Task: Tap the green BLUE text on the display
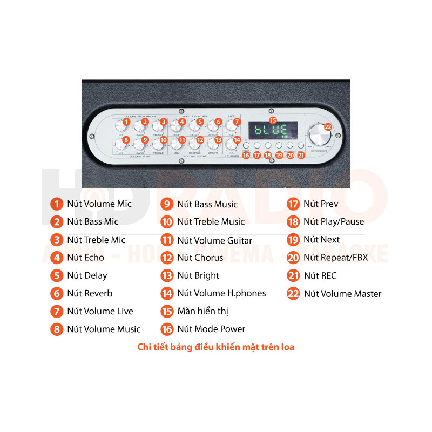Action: pyautogui.click(x=271, y=131)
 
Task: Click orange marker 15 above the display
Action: pyautogui.click(x=273, y=120)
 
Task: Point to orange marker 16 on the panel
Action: pyautogui.click(x=246, y=156)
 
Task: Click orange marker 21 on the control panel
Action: pyautogui.click(x=301, y=156)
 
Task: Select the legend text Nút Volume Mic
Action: pyautogui.click(x=99, y=204)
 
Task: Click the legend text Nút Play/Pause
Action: pyautogui.click(x=333, y=221)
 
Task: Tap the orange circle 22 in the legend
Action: pyautogui.click(x=293, y=294)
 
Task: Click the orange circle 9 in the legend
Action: pyautogui.click(x=167, y=204)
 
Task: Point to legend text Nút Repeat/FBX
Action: pyautogui.click(x=335, y=258)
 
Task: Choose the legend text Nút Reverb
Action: pyautogui.click(x=90, y=293)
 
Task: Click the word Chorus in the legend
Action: pyautogui.click(x=208, y=258)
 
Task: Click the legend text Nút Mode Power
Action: pyautogui.click(x=211, y=329)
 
